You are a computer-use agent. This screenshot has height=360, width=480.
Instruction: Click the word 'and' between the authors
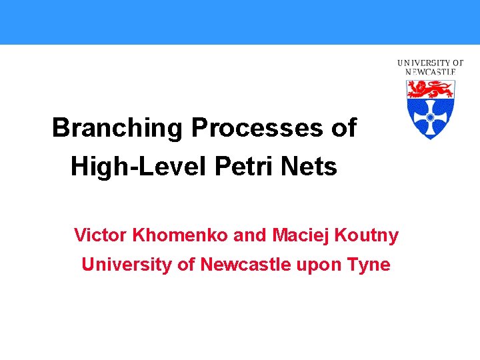pos(250,235)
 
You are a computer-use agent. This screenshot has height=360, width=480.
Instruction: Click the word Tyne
pos(369,265)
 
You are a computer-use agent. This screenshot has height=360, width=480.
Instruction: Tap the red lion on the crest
pos(430,88)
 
